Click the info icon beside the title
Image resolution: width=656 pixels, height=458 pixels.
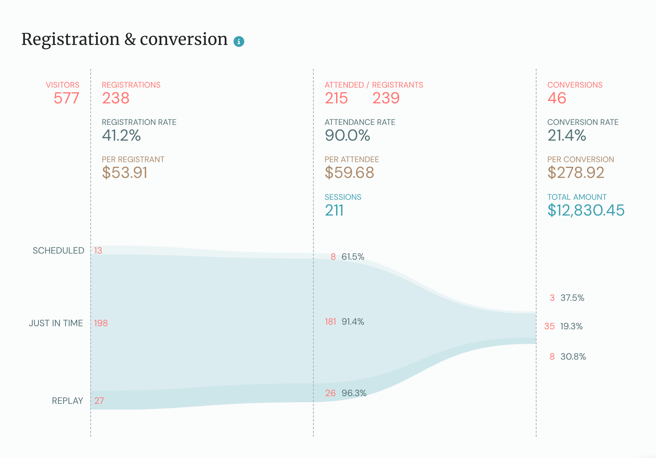[239, 41]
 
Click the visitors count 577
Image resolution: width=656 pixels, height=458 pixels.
[66, 98]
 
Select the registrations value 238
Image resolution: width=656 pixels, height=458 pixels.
[116, 98]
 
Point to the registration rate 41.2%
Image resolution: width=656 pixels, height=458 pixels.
[121, 136]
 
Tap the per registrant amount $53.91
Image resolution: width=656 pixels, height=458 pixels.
[125, 173]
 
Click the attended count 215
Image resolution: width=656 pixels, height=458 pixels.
[336, 98]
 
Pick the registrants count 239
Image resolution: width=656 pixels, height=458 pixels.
[386, 98]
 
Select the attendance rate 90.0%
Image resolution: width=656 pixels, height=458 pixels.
[347, 136]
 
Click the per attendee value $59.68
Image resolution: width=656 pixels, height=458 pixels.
[349, 173]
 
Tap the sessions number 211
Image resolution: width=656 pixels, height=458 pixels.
[334, 211]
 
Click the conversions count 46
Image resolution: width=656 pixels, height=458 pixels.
[557, 98]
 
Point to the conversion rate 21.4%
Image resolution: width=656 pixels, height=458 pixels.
[567, 136]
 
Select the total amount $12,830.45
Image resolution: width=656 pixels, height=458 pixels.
[586, 211]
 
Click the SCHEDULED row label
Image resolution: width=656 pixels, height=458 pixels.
[58, 251]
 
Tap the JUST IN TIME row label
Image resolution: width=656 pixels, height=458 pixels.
[56, 323]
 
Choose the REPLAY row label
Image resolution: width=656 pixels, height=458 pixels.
[68, 401]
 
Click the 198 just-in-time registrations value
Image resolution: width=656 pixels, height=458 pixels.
[101, 323]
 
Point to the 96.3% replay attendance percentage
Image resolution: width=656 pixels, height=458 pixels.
[354, 393]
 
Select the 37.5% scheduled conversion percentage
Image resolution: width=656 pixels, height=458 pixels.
[572, 298]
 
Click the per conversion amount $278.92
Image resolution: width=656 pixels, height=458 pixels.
[576, 173]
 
